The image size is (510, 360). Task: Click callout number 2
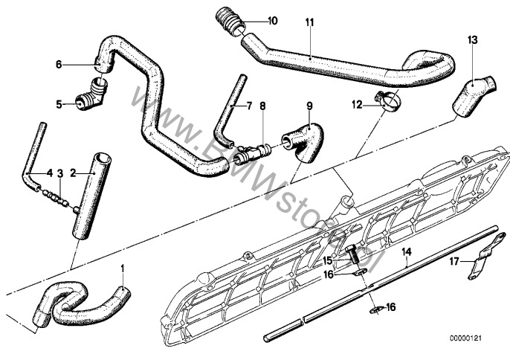(73, 173)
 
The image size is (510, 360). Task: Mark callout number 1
(124, 266)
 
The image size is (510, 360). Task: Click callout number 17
(451, 261)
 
